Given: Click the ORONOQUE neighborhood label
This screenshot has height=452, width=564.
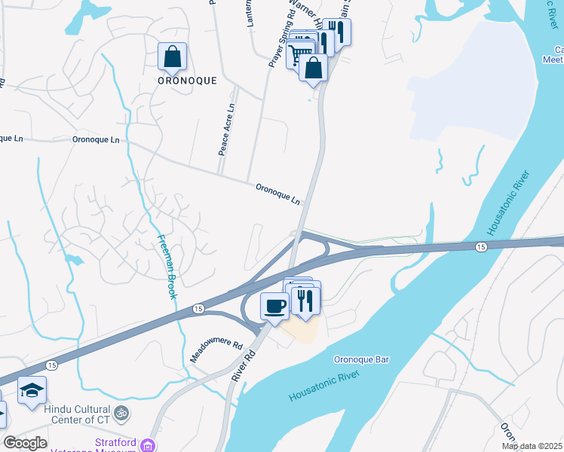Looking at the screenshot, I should (x=186, y=80).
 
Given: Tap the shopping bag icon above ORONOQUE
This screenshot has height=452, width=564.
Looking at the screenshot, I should (x=173, y=57).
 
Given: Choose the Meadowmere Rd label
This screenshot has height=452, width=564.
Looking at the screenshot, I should (x=216, y=352).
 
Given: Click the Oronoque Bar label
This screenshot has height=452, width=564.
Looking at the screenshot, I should (x=361, y=360).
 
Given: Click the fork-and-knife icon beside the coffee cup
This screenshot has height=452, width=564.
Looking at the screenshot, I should (x=305, y=299).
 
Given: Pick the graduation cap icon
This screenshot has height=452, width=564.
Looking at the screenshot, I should (x=32, y=390).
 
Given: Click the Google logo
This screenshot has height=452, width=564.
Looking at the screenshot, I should (x=25, y=443).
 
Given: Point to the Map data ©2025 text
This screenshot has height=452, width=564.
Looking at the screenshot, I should (x=532, y=446).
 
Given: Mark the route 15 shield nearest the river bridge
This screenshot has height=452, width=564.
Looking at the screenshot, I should (x=480, y=247).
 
